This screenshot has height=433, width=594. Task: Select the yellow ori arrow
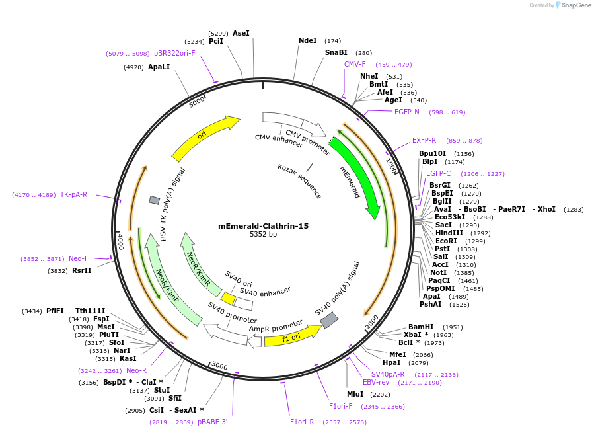(x=205, y=138)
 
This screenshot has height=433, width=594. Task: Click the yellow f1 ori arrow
(x=291, y=336)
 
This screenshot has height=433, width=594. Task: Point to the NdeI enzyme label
(x=308, y=40)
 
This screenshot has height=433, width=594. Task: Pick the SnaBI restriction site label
(x=336, y=52)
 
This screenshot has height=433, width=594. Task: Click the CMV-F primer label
(x=355, y=64)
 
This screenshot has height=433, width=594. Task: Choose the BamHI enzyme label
(x=421, y=327)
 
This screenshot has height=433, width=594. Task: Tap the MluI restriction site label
(x=355, y=394)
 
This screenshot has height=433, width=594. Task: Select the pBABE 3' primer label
(x=212, y=422)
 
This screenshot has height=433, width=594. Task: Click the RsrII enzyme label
(x=81, y=270)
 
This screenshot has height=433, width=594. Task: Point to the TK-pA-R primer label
(x=73, y=194)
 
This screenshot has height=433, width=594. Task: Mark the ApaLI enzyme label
(x=159, y=67)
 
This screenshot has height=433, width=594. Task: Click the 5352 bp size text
(x=263, y=235)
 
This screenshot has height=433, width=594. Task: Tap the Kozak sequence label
(x=299, y=181)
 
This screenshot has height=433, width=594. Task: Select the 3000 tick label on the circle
(x=219, y=366)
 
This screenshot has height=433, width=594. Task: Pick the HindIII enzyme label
(x=449, y=233)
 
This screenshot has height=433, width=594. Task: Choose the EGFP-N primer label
(x=406, y=112)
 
